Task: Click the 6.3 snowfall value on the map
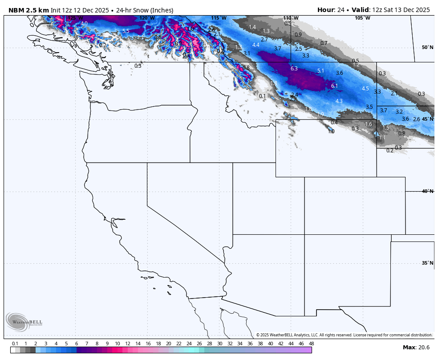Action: click(x=294, y=69)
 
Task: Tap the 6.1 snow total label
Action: click(x=335, y=86)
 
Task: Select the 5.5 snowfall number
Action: click(x=126, y=31)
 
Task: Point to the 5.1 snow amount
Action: click(x=320, y=71)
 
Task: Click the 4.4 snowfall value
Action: click(x=255, y=45)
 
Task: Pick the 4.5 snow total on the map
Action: click(x=365, y=89)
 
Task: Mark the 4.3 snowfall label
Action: click(x=339, y=101)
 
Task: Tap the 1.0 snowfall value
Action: click(x=331, y=131)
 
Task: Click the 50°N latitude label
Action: click(x=427, y=47)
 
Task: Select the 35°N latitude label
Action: click(x=427, y=263)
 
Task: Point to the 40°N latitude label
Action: click(x=427, y=191)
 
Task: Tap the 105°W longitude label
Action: click(x=362, y=18)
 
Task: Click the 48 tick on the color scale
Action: click(x=311, y=344)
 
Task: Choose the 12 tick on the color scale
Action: click(x=128, y=344)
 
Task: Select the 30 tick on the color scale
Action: click(x=219, y=344)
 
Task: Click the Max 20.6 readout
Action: click(x=416, y=347)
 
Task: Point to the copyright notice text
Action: click(x=344, y=335)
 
